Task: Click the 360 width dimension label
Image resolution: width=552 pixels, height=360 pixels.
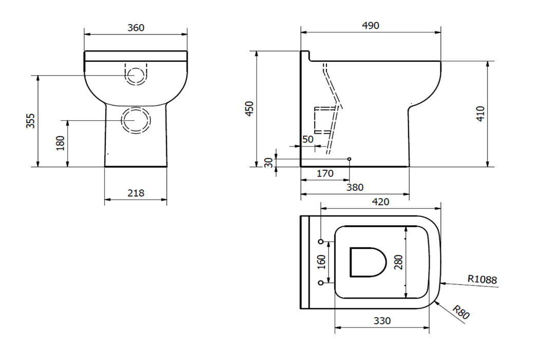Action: tap(136, 28)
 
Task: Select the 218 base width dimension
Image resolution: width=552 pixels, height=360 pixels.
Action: tap(136, 193)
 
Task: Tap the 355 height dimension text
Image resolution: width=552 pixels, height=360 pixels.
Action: tap(30, 121)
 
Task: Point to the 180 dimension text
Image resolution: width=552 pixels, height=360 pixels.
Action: tap(60, 143)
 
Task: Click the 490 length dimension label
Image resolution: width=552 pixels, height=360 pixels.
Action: tap(370, 26)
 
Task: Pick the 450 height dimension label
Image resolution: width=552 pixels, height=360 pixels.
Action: tap(250, 109)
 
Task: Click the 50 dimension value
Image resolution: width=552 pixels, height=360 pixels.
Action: tap(308, 139)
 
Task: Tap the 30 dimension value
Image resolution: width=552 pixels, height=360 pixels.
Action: tap(268, 162)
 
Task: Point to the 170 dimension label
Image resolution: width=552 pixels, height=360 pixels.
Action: tap(324, 174)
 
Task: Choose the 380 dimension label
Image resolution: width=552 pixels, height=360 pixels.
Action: tap(355, 188)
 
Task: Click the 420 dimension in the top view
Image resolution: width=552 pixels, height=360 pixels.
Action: tap(380, 202)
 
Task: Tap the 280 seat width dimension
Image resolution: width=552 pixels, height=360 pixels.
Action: tap(398, 262)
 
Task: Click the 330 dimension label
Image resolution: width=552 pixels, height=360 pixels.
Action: tap(382, 321)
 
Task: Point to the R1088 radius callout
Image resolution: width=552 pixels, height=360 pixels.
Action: tap(482, 280)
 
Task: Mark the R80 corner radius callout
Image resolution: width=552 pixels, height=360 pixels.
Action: tap(461, 312)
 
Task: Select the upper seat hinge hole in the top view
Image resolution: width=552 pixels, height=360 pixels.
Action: tap(321, 241)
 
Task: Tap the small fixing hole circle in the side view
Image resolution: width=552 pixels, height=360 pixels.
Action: tap(349, 159)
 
